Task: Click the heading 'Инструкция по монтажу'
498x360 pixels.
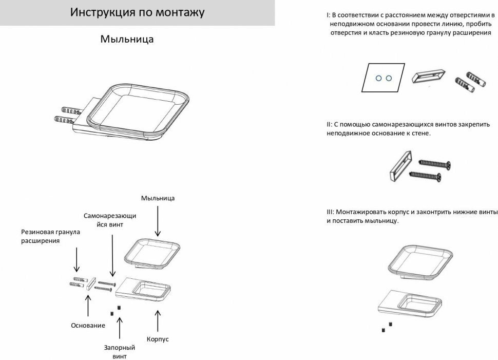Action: coord(137,12)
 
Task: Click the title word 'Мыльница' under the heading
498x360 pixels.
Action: coord(127,39)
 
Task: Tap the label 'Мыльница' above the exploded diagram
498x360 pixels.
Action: coord(158,198)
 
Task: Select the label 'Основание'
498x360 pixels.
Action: coord(88,325)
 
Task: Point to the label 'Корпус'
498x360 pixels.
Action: coord(158,339)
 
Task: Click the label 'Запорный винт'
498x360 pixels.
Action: coord(119,352)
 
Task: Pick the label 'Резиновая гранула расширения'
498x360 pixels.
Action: coord(51,236)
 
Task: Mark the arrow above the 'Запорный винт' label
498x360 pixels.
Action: coord(120,329)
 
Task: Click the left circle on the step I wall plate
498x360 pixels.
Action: coord(378,78)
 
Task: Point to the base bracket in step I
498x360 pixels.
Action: coord(429,75)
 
